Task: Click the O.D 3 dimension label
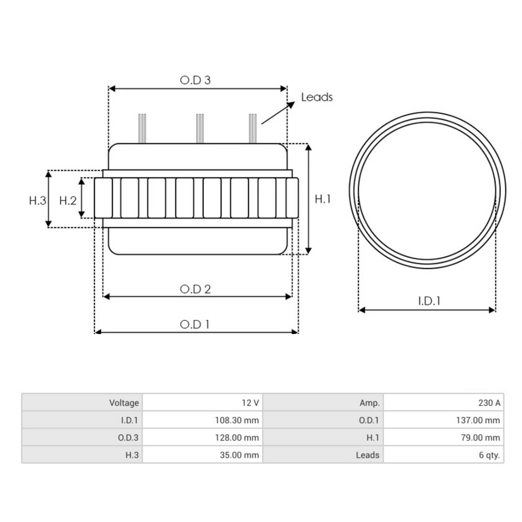pyautogui.click(x=196, y=80)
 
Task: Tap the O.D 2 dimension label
pyautogui.click(x=196, y=289)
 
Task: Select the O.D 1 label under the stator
pyautogui.click(x=195, y=324)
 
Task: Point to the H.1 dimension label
pyautogui.click(x=323, y=200)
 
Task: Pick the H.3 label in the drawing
pyautogui.click(x=37, y=201)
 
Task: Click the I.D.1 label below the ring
pyautogui.click(x=429, y=301)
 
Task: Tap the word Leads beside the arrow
pyautogui.click(x=317, y=97)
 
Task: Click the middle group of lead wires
pyautogui.click(x=200, y=128)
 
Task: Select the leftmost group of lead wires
pyautogui.click(x=142, y=128)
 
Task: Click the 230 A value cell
pyautogui.click(x=489, y=403)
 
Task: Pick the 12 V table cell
pyautogui.click(x=250, y=403)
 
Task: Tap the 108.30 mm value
pyautogui.click(x=236, y=420)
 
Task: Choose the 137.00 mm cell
pyautogui.click(x=478, y=420)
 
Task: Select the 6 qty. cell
pyautogui.click(x=489, y=455)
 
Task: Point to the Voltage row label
pyautogui.click(x=124, y=403)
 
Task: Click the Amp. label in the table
pyautogui.click(x=369, y=403)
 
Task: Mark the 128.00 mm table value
pyautogui.click(x=236, y=438)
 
